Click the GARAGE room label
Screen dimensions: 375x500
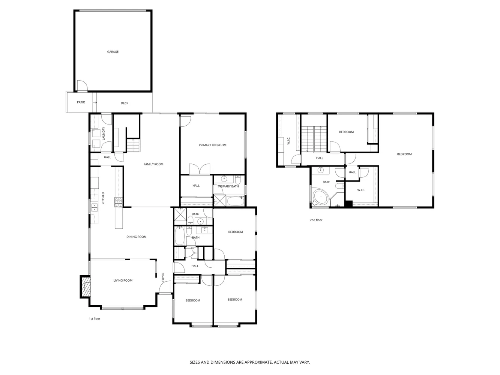pyautogui.click(x=113, y=52)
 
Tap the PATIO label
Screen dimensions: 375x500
pyautogui.click(x=81, y=102)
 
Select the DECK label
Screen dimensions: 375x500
pyautogui.click(x=125, y=103)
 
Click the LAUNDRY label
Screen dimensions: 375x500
pyautogui.click(x=104, y=134)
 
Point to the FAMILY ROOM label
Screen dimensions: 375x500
pyautogui.click(x=153, y=164)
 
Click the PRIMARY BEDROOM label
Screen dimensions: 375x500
pyautogui.click(x=212, y=145)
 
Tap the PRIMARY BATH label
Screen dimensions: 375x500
pyautogui.click(x=228, y=186)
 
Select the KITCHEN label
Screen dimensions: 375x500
pyautogui.click(x=104, y=198)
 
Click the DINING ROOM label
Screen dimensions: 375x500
pyautogui.click(x=136, y=237)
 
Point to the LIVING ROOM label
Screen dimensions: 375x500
pyautogui.click(x=123, y=280)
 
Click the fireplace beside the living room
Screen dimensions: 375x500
pyautogui.click(x=86, y=287)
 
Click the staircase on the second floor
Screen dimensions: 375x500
pyautogui.click(x=314, y=139)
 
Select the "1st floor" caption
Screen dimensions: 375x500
pyautogui.click(x=95, y=319)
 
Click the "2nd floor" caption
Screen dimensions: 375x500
pyautogui.click(x=316, y=220)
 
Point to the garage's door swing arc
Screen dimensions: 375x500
pyautogui.click(x=83, y=86)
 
